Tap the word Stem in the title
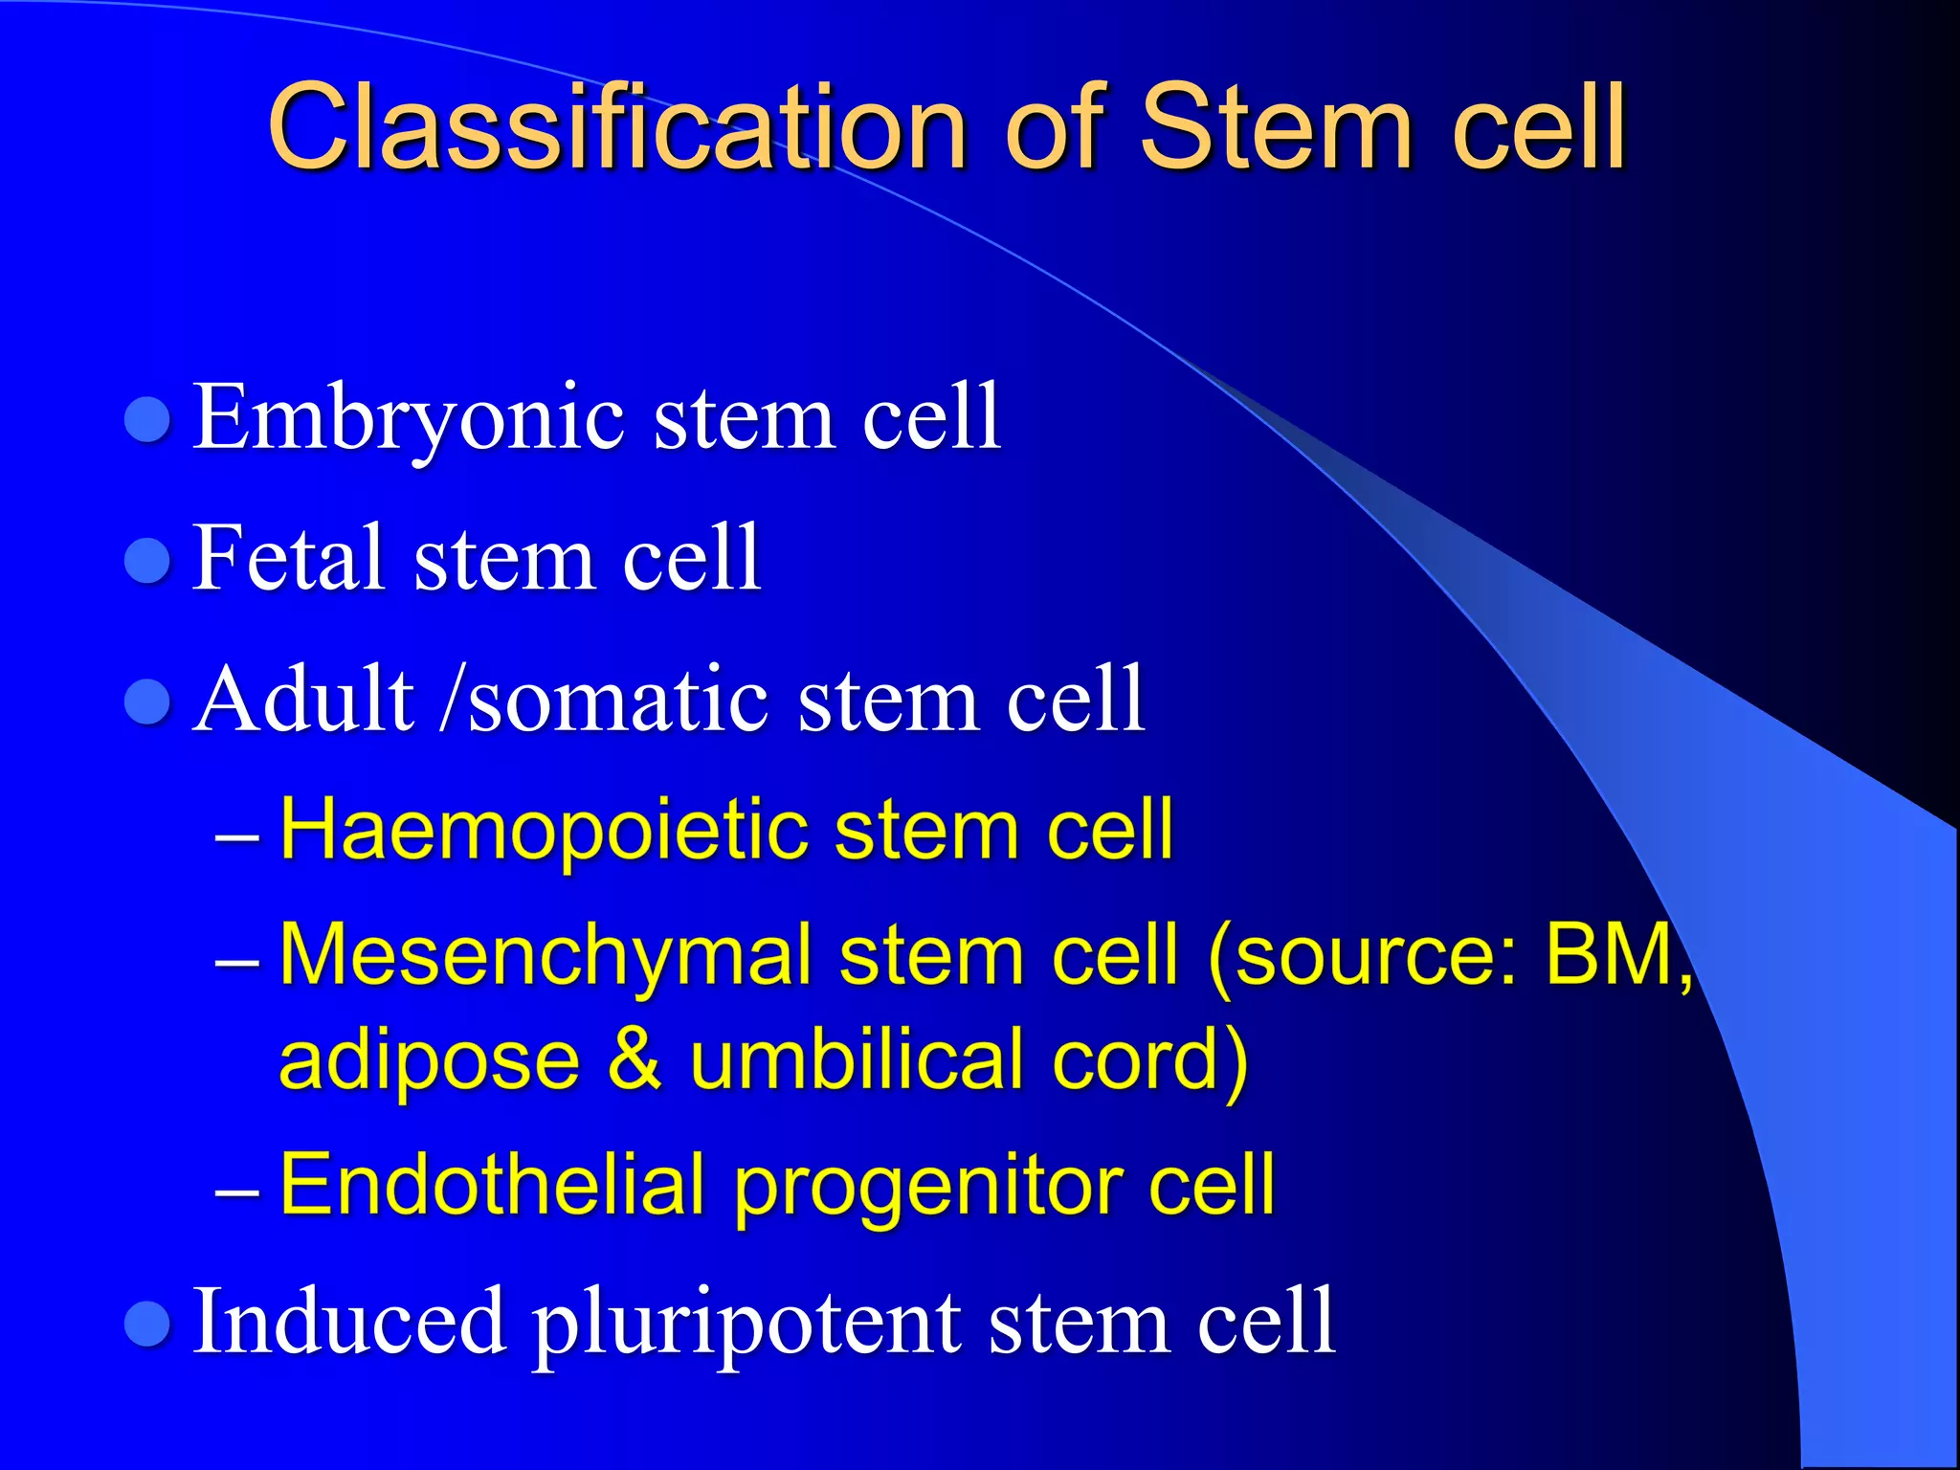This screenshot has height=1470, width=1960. (1277, 126)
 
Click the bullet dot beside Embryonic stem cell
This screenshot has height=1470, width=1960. (148, 419)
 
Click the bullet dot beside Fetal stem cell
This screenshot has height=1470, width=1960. (148, 561)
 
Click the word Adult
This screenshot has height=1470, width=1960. (304, 699)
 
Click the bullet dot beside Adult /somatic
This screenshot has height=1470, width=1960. (148, 702)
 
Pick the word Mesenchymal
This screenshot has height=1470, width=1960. (546, 955)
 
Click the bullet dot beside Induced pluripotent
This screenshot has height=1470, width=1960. (148, 1324)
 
